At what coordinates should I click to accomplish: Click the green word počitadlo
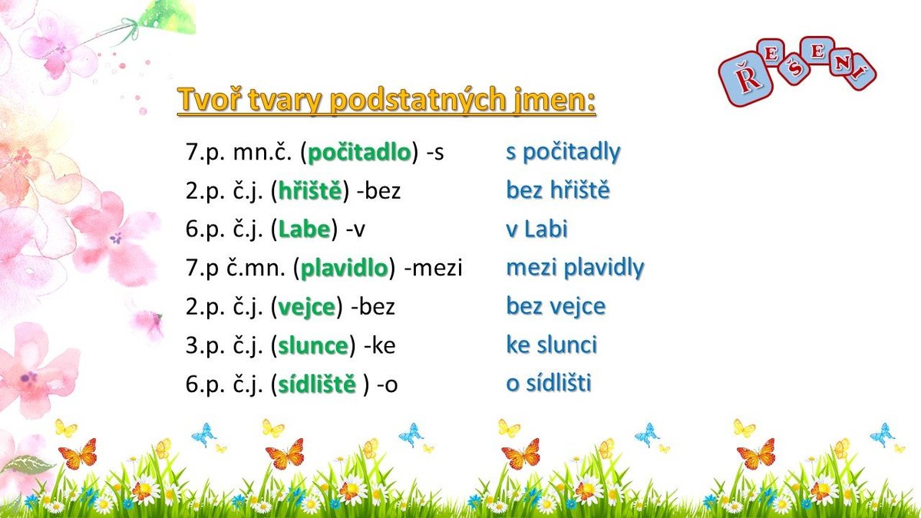point(359,152)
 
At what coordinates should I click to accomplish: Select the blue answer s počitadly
point(563,152)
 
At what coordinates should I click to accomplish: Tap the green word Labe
point(304,229)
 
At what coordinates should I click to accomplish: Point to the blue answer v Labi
point(536,229)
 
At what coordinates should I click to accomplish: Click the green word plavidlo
point(345,268)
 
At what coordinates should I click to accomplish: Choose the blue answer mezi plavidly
point(575,268)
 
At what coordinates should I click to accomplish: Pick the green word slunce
point(313,345)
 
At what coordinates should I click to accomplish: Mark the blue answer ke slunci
point(551,345)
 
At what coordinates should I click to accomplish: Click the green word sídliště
point(317,384)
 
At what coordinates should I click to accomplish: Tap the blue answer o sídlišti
point(549,383)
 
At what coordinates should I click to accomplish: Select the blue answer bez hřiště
point(558,190)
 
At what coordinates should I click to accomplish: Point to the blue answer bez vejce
point(556,307)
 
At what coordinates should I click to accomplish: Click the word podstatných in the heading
point(418,100)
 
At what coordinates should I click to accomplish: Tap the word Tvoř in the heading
point(210,99)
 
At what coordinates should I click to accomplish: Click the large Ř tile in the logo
point(746,78)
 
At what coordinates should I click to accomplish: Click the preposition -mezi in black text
point(434,268)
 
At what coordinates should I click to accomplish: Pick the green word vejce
point(307,308)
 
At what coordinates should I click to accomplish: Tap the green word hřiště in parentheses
point(310,190)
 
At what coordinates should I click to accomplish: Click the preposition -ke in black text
point(379,345)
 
